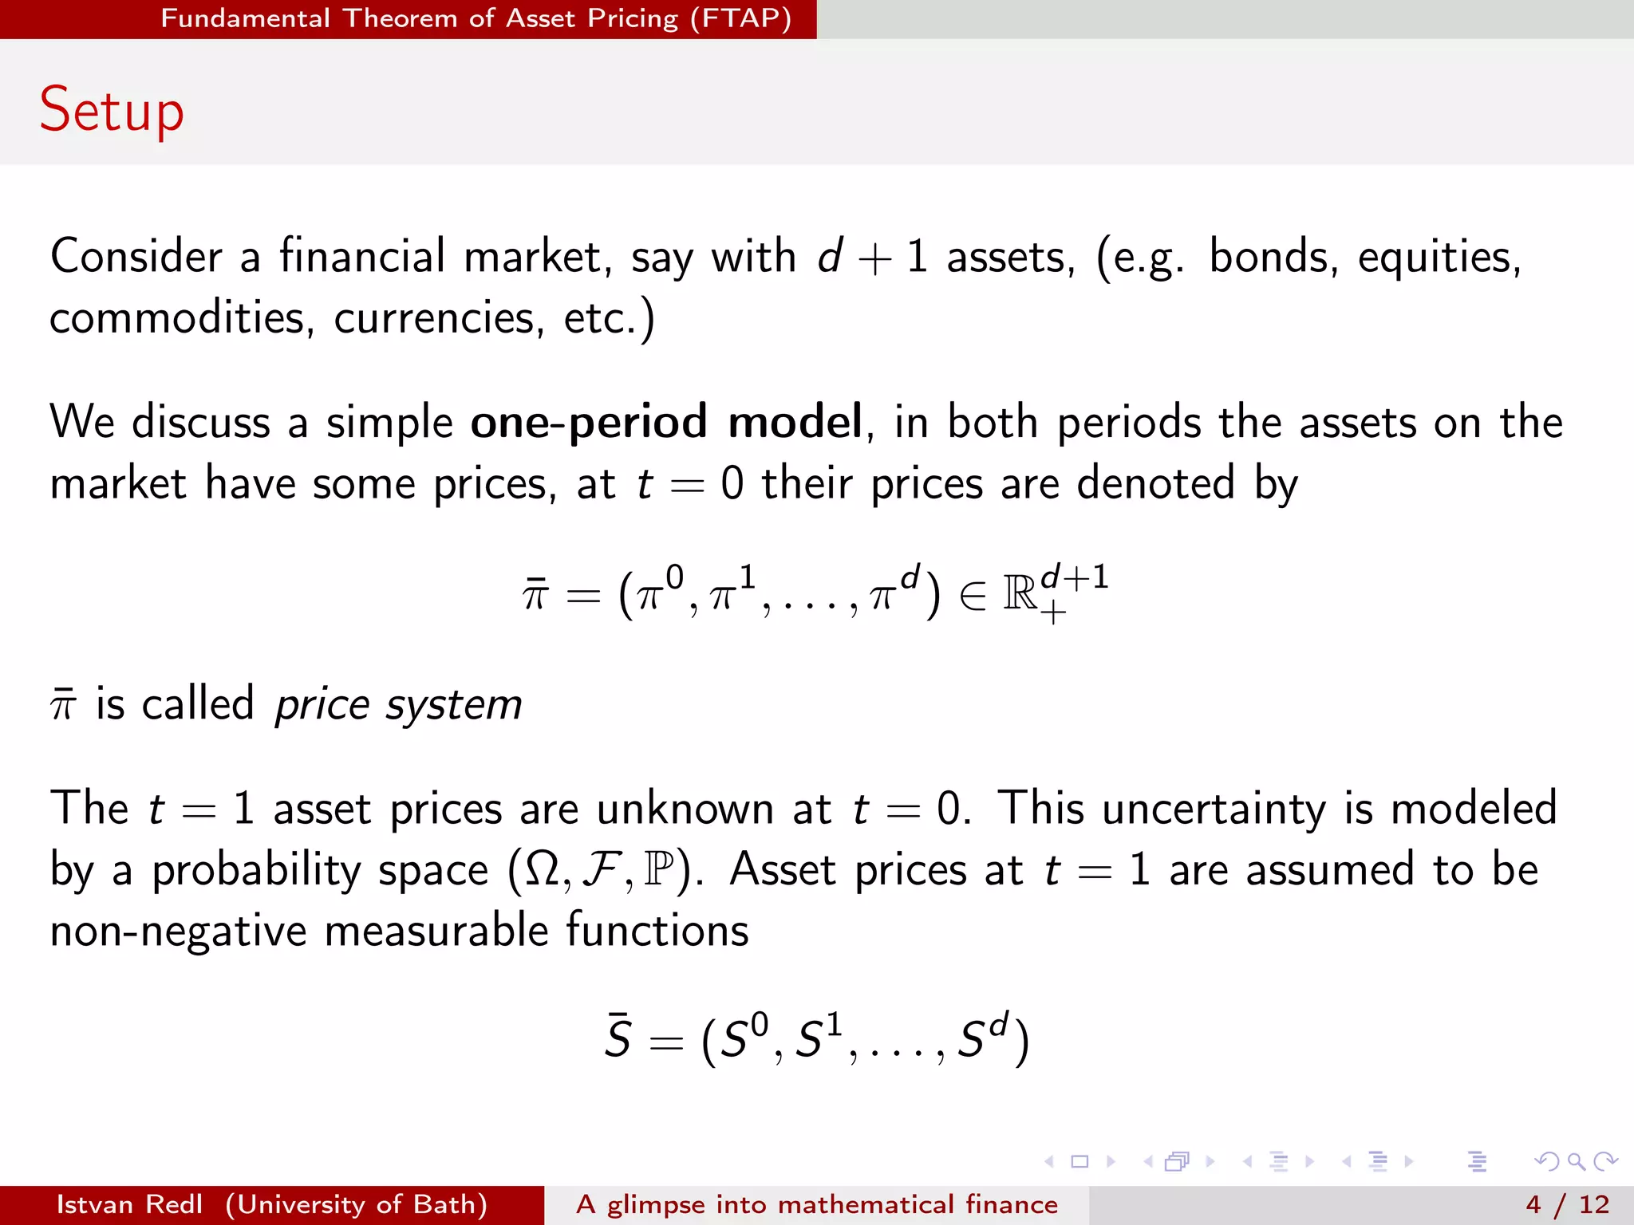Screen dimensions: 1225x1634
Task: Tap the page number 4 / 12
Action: click(1567, 1204)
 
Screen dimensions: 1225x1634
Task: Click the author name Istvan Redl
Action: click(129, 1204)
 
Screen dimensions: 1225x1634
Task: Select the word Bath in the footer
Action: click(446, 1204)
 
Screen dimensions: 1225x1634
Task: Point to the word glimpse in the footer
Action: click(656, 1204)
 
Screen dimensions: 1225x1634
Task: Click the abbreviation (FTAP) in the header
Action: click(740, 18)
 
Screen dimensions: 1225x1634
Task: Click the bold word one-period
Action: click(588, 422)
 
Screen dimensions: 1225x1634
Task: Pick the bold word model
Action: click(795, 422)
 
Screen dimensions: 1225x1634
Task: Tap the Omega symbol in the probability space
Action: click(543, 870)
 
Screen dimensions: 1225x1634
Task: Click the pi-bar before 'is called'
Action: click(63, 705)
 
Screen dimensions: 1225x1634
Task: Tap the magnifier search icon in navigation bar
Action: click(1575, 1161)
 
